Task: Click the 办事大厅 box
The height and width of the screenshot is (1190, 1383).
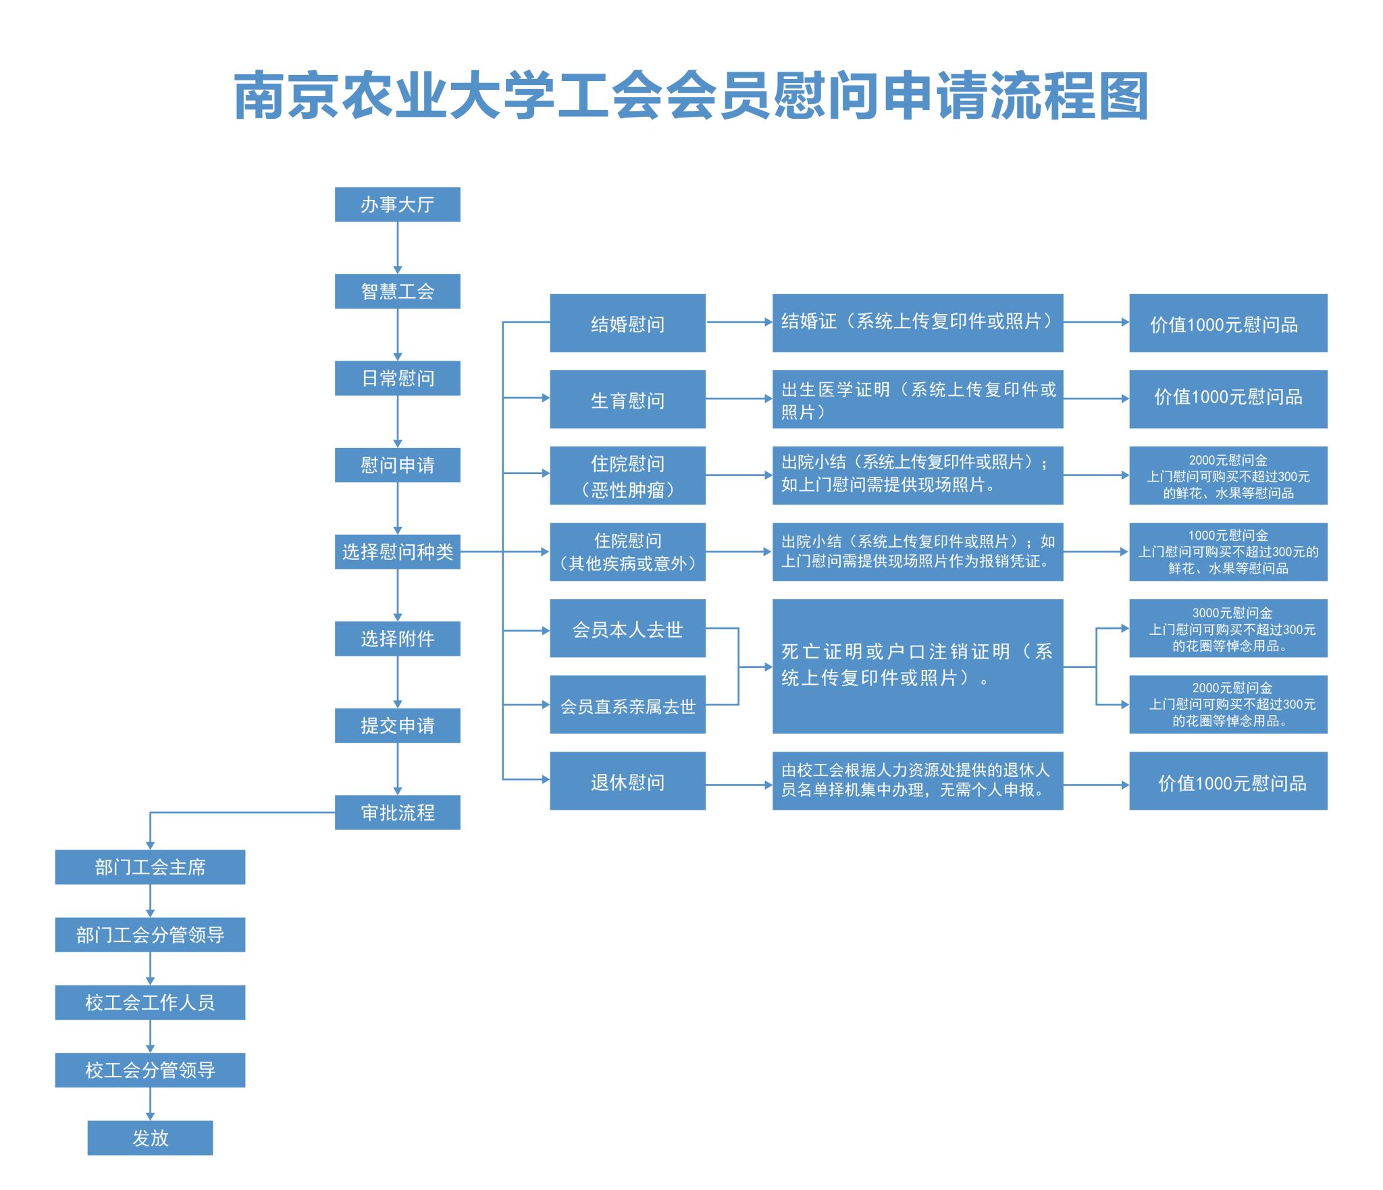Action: pyautogui.click(x=397, y=204)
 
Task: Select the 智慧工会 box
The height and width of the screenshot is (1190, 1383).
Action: pyautogui.click(x=397, y=291)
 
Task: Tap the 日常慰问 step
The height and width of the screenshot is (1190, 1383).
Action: pyautogui.click(x=397, y=378)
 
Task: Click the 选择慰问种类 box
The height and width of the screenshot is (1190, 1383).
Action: pyautogui.click(x=397, y=552)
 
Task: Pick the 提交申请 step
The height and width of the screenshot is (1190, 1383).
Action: pyautogui.click(x=397, y=725)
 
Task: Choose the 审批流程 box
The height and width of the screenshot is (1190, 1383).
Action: pyautogui.click(x=397, y=812)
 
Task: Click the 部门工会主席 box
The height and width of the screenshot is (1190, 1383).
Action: pyautogui.click(x=150, y=867)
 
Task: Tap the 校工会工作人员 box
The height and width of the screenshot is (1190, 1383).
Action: pyautogui.click(x=150, y=1002)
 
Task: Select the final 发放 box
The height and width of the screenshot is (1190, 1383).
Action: pyautogui.click(x=150, y=1138)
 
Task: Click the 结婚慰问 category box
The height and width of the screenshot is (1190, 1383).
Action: pyautogui.click(x=627, y=323)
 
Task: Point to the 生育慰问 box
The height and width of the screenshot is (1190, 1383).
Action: pyautogui.click(x=627, y=399)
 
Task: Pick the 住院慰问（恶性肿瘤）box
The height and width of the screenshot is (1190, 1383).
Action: pyautogui.click(x=627, y=475)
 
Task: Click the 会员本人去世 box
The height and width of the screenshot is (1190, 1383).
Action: pyautogui.click(x=627, y=628)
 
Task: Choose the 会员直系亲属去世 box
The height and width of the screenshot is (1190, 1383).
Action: pyautogui.click(x=627, y=704)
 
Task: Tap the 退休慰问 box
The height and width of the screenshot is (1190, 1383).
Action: pyautogui.click(x=627, y=781)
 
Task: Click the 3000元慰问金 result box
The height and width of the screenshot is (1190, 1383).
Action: pyautogui.click(x=1228, y=628)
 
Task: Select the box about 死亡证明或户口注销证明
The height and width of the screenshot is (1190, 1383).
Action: pyautogui.click(x=918, y=666)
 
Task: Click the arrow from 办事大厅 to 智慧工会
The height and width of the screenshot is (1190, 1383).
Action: pyautogui.click(x=397, y=248)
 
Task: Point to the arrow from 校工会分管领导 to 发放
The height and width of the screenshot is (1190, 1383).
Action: pyautogui.click(x=150, y=1104)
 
